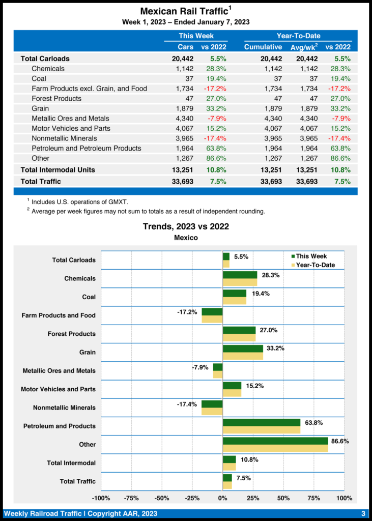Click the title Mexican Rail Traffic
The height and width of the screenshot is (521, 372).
click(x=184, y=11)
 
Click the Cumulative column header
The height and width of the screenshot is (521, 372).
click(x=263, y=47)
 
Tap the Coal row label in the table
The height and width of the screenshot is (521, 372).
click(x=39, y=78)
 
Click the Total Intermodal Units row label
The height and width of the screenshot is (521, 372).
click(x=58, y=169)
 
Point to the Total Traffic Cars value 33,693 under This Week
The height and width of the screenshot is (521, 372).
click(x=183, y=181)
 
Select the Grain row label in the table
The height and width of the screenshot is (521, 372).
click(x=40, y=108)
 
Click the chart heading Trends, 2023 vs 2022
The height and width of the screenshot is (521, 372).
click(x=186, y=226)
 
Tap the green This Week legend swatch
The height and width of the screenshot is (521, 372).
click(x=293, y=256)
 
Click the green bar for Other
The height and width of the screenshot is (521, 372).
click(x=275, y=441)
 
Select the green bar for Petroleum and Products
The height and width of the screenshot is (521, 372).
click(x=262, y=422)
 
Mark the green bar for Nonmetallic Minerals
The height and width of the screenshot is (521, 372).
click(x=212, y=404)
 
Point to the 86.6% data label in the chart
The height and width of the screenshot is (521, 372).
click(x=339, y=441)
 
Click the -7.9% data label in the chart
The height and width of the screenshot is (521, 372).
click(x=200, y=367)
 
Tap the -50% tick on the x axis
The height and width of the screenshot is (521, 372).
click(x=162, y=498)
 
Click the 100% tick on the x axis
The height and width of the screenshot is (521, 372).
click(x=345, y=498)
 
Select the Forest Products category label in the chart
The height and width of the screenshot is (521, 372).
click(x=71, y=334)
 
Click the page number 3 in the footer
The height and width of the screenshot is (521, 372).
click(x=363, y=513)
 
